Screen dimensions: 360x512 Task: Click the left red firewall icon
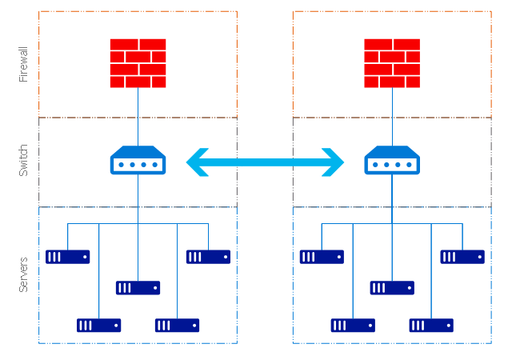[x=138, y=63]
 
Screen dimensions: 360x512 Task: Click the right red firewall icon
[x=392, y=63]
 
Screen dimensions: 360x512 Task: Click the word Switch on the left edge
[x=23, y=162]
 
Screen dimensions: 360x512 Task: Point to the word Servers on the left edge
[x=23, y=274]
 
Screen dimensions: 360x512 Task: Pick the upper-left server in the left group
[x=67, y=257]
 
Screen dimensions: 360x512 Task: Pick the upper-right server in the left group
[x=208, y=257]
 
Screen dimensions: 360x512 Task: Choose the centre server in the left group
[x=138, y=288]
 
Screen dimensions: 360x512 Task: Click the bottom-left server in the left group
[x=98, y=326]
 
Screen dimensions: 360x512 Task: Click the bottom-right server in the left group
[x=177, y=326]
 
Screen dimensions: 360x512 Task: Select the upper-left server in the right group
[x=322, y=257]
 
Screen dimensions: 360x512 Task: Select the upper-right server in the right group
[x=462, y=257]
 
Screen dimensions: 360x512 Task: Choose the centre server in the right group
[x=392, y=288]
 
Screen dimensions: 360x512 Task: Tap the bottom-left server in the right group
[x=353, y=326]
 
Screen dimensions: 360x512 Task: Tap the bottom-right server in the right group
[x=431, y=326]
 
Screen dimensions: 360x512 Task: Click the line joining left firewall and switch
[x=138, y=116]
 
